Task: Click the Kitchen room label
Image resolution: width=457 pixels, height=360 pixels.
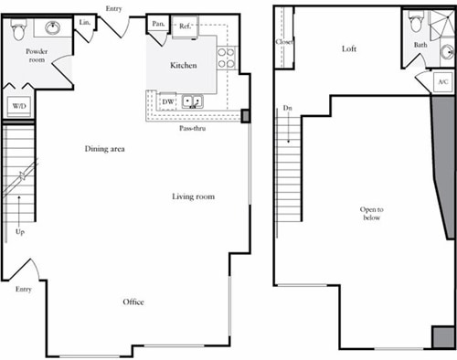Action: tap(184, 66)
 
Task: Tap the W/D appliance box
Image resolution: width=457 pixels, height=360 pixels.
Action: tap(18, 106)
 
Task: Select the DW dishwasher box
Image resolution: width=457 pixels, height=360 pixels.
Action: tap(168, 101)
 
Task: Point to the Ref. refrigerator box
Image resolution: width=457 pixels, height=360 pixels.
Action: tap(185, 26)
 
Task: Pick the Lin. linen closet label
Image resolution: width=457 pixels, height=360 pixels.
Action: tap(85, 21)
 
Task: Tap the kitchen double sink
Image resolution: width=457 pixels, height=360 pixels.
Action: tap(192, 101)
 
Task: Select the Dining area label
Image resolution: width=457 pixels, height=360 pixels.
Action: tap(104, 149)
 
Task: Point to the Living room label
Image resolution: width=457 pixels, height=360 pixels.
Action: tap(198, 196)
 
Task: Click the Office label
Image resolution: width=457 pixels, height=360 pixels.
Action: tap(133, 302)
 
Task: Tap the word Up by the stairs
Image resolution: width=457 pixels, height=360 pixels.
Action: tap(19, 232)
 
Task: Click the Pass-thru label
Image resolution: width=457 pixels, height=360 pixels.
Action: tap(192, 129)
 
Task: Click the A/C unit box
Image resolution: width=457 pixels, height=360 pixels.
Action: tap(443, 83)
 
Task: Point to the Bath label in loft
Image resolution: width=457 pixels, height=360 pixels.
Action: tap(420, 44)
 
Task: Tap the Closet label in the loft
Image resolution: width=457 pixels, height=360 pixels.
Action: tap(282, 42)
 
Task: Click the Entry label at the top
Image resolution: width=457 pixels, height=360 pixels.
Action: tap(114, 8)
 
